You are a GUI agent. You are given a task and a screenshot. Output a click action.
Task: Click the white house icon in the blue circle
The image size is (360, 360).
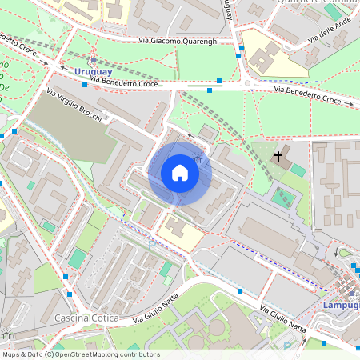click(x=180, y=173)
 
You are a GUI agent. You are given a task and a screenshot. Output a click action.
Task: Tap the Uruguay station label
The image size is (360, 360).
click(x=93, y=72)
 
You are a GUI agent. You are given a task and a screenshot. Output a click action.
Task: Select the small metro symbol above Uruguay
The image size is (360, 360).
click(x=94, y=60)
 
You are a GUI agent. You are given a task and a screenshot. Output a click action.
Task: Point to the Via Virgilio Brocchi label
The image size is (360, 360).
click(x=74, y=106)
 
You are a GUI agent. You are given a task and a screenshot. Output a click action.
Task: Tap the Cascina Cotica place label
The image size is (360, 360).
click(x=86, y=318)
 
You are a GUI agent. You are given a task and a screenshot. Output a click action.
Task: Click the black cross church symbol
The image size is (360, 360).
click(x=278, y=155)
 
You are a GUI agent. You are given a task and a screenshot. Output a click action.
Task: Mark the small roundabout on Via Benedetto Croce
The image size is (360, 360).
click(x=247, y=83)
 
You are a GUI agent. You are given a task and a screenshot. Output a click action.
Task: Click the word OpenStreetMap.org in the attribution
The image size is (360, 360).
click(x=90, y=354)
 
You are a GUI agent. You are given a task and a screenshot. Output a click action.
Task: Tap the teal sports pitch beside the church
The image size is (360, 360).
click(x=281, y=196)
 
